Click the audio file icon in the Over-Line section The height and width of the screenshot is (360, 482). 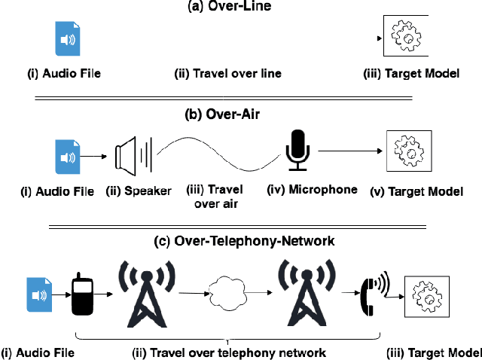tap(66, 39)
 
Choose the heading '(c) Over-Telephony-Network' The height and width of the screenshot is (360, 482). tap(241, 241)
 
